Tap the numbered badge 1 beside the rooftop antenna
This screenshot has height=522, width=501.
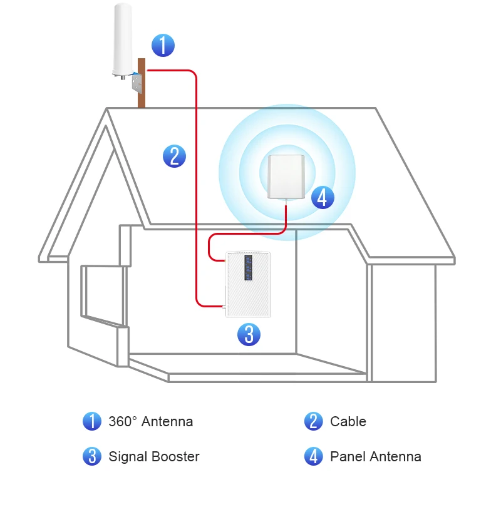163,45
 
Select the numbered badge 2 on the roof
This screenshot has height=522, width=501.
174,155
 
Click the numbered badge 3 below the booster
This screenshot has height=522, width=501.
249,334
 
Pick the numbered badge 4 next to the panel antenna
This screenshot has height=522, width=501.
322,197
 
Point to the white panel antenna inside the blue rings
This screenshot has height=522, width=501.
286,177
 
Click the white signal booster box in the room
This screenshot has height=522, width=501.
249,284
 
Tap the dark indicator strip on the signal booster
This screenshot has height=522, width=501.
249,268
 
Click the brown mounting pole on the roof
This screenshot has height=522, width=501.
142,94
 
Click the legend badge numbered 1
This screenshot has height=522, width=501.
92,421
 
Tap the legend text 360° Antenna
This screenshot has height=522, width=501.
150,422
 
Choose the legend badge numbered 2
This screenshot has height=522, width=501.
313,421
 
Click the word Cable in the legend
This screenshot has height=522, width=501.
348,422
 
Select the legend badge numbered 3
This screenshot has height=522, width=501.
92,456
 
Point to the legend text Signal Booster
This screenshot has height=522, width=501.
153,457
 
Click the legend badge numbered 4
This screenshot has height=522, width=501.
313,456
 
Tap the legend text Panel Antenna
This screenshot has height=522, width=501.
375,457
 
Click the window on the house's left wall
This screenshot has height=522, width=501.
100,294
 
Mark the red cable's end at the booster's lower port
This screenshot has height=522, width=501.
223,306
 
